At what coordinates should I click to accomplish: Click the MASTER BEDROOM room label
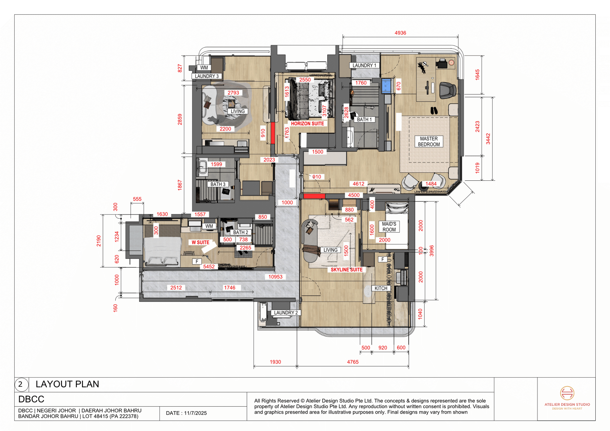click(429, 141)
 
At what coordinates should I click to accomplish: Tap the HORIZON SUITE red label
click(307, 124)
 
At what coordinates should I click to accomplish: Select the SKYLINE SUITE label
click(346, 270)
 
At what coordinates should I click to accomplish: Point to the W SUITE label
click(200, 242)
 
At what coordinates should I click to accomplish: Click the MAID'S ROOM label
click(389, 227)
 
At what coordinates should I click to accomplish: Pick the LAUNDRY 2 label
click(286, 313)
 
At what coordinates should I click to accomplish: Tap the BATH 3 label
click(218, 184)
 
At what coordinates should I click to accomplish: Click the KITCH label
click(381, 288)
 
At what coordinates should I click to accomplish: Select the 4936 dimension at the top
click(400, 33)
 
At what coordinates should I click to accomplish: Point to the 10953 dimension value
click(275, 277)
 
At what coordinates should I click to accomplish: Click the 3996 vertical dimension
click(431, 251)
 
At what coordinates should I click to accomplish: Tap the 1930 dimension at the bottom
click(275, 362)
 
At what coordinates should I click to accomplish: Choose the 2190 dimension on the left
click(99, 241)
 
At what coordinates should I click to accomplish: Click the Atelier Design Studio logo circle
click(567, 393)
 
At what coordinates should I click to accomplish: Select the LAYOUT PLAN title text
click(67, 384)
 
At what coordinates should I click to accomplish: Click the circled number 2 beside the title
click(21, 384)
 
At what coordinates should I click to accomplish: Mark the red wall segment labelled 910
click(273, 133)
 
